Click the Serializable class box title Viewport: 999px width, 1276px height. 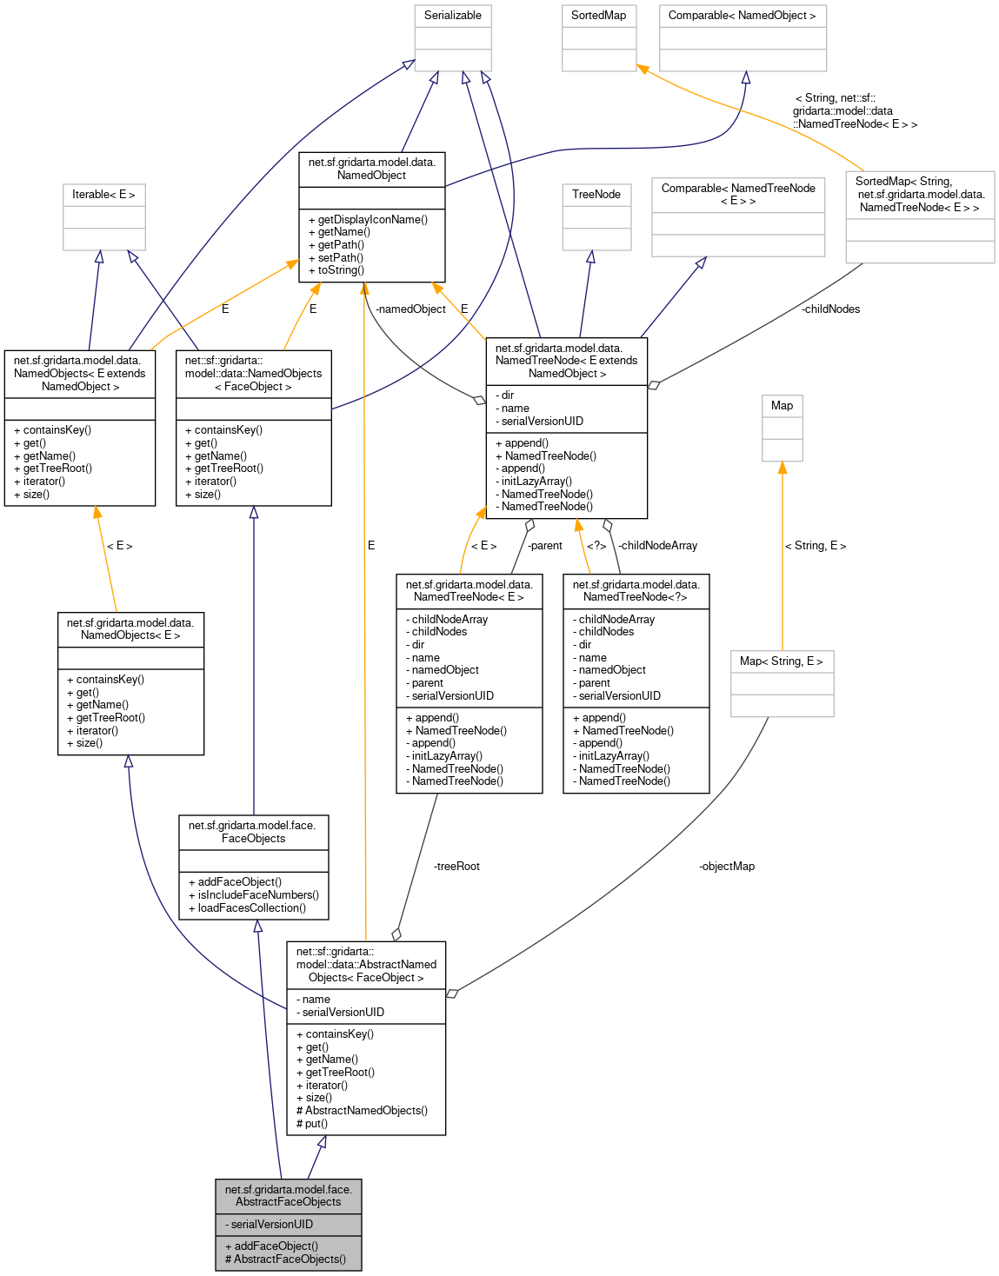452,16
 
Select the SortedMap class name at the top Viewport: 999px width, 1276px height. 598,16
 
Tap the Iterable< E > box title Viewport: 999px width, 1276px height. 103,195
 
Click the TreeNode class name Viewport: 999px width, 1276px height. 596,195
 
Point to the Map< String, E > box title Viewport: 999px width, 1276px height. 781,661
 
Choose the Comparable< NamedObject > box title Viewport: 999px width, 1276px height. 742,16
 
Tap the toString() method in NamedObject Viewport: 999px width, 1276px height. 340,270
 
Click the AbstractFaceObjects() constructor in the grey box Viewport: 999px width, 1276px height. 290,1259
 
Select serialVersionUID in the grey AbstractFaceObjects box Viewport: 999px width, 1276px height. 271,1225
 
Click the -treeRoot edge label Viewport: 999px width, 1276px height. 456,867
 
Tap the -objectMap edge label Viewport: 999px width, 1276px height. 727,867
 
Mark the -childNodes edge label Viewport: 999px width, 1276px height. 830,309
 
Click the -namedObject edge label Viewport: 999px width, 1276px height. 410,309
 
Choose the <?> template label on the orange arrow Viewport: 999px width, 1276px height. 596,546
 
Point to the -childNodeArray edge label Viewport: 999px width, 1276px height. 657,546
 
